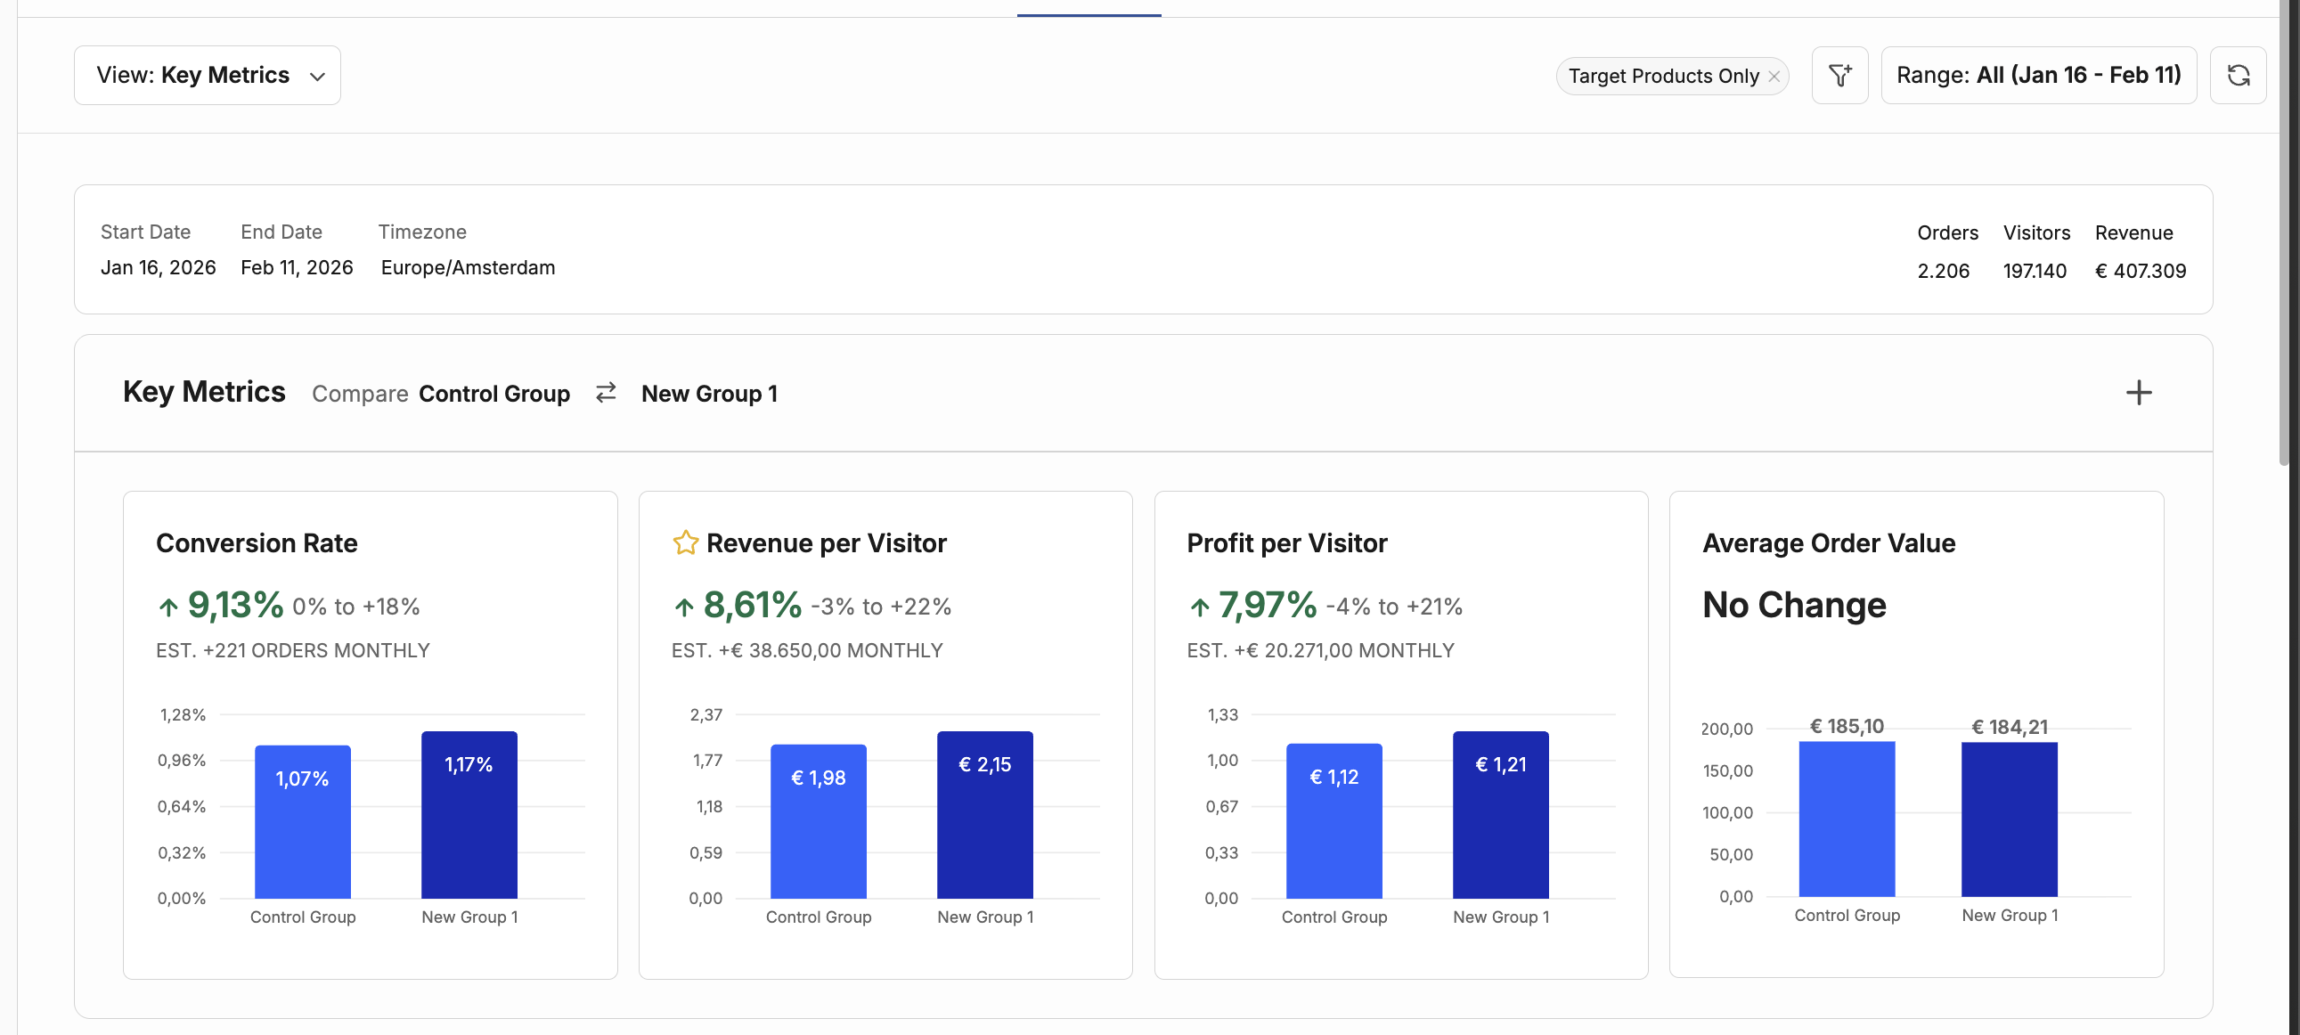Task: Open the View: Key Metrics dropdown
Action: click(208, 75)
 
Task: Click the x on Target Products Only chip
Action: click(1774, 76)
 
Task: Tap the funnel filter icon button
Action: click(1839, 75)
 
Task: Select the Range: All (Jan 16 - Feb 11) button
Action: click(2038, 75)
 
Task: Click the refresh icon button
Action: click(2238, 75)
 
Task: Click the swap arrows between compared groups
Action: click(607, 393)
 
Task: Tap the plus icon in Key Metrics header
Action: click(2139, 393)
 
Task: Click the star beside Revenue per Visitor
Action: click(685, 543)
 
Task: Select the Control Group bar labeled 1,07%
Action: click(303, 821)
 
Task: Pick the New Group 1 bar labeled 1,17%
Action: click(469, 814)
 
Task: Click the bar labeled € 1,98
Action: click(819, 821)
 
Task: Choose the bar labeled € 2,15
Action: click(985, 814)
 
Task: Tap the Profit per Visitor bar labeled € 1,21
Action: click(1501, 814)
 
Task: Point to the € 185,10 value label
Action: click(1847, 727)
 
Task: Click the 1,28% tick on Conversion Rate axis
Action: click(182, 714)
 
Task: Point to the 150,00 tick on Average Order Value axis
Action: click(1728, 770)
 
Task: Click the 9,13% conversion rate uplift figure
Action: click(236, 606)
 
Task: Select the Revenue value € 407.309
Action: click(2141, 271)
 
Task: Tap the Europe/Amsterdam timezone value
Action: click(468, 268)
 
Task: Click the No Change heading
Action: click(1795, 606)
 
